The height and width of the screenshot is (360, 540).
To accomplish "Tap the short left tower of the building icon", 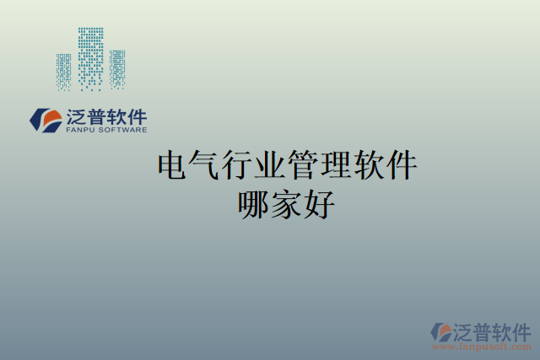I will click(x=64, y=72).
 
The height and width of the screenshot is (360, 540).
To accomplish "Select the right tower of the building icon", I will click(x=116, y=69).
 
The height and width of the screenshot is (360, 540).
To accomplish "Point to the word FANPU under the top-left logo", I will click(x=80, y=130).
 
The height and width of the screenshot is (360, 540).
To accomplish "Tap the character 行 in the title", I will click(x=239, y=165).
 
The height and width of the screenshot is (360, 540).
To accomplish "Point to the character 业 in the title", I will click(x=271, y=165).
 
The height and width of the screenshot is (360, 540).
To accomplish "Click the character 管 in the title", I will click(x=303, y=165).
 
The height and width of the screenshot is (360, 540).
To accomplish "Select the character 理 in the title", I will click(x=335, y=165).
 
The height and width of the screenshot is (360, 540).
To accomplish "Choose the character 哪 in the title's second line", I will click(x=255, y=205).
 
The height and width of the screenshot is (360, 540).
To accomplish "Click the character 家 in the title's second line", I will click(x=287, y=205).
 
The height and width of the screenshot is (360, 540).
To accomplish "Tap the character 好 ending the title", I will click(x=319, y=205).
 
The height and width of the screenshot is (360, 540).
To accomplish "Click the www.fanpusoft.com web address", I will click(x=482, y=347).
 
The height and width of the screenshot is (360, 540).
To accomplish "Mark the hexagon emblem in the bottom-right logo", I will click(x=441, y=331).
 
